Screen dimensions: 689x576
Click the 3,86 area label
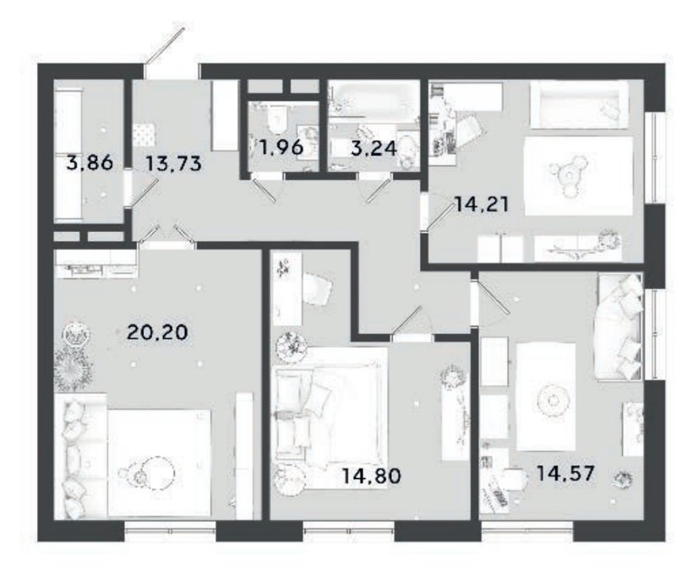pos(90,163)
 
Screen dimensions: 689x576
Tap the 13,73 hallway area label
pos(173,164)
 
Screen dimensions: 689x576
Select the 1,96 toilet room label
pos(281,147)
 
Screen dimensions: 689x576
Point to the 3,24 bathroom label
pos(374,148)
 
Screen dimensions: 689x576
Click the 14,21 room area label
pos(482,204)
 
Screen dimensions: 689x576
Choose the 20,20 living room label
pos(157,332)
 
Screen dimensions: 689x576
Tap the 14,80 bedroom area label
pos(371,476)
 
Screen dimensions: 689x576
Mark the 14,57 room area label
pos(566,473)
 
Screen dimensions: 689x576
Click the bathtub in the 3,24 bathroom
pos(375,98)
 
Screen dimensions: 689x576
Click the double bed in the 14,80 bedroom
pos(329,416)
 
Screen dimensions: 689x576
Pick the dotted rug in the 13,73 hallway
pos(145,134)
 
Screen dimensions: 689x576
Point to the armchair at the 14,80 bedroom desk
pos(317,290)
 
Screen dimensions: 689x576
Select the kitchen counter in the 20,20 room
pos(95,263)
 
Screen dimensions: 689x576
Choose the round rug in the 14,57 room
pos(551,401)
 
